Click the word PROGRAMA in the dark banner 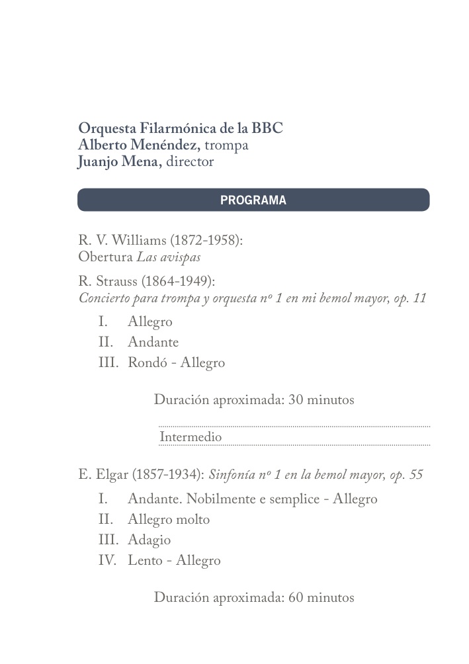[x=253, y=200]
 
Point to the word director [x=190, y=163]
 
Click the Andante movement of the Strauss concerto [x=153, y=343]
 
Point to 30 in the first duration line [x=296, y=400]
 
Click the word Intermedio [x=191, y=437]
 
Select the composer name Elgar [x=112, y=475]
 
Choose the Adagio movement [x=149, y=540]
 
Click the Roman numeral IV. [x=106, y=561]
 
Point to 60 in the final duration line [x=296, y=598]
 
